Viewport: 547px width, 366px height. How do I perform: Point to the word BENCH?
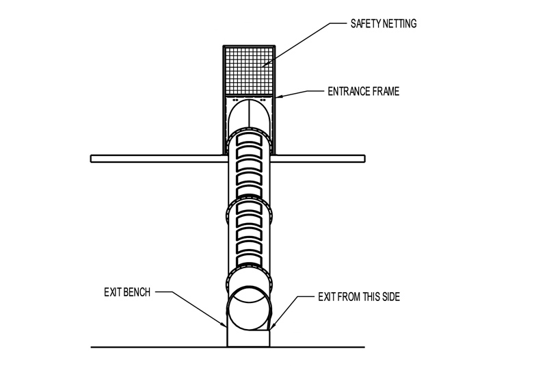[135, 292]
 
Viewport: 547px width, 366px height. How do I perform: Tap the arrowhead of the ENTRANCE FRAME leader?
[276, 97]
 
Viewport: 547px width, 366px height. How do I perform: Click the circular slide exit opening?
[250, 307]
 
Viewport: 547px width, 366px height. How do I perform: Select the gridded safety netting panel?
[250, 70]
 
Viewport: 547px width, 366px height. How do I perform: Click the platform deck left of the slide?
[157, 159]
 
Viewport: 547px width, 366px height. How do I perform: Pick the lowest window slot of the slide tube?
[250, 259]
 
